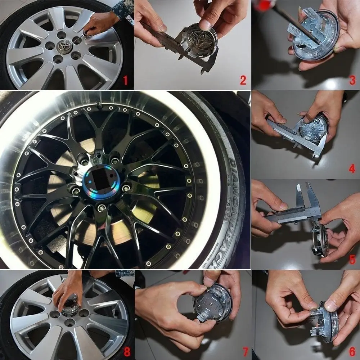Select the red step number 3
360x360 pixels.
tap(352, 80)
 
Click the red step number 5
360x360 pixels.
tap(352, 259)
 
